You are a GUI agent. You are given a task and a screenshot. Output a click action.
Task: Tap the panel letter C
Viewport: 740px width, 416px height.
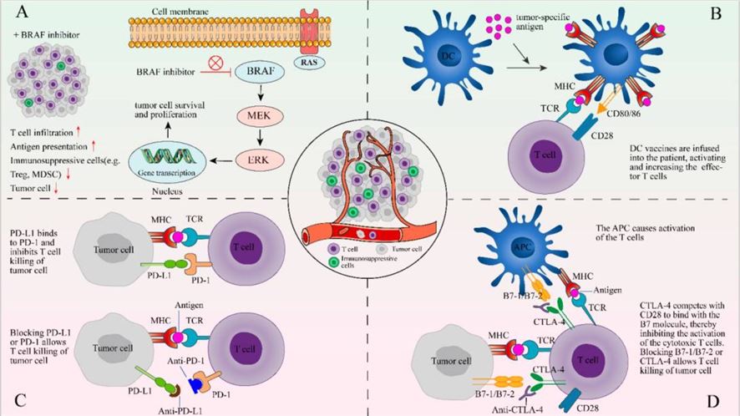[22, 396]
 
